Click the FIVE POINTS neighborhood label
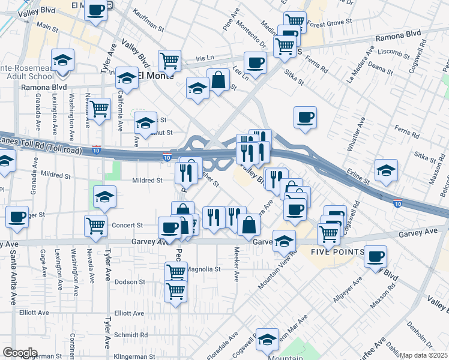[337, 251]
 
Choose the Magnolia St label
[204, 269]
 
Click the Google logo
[20, 352]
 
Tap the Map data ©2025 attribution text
[423, 355]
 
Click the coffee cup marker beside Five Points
[376, 256]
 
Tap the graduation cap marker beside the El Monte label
[127, 77]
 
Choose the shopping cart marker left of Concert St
[96, 225]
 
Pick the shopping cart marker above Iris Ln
[170, 59]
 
